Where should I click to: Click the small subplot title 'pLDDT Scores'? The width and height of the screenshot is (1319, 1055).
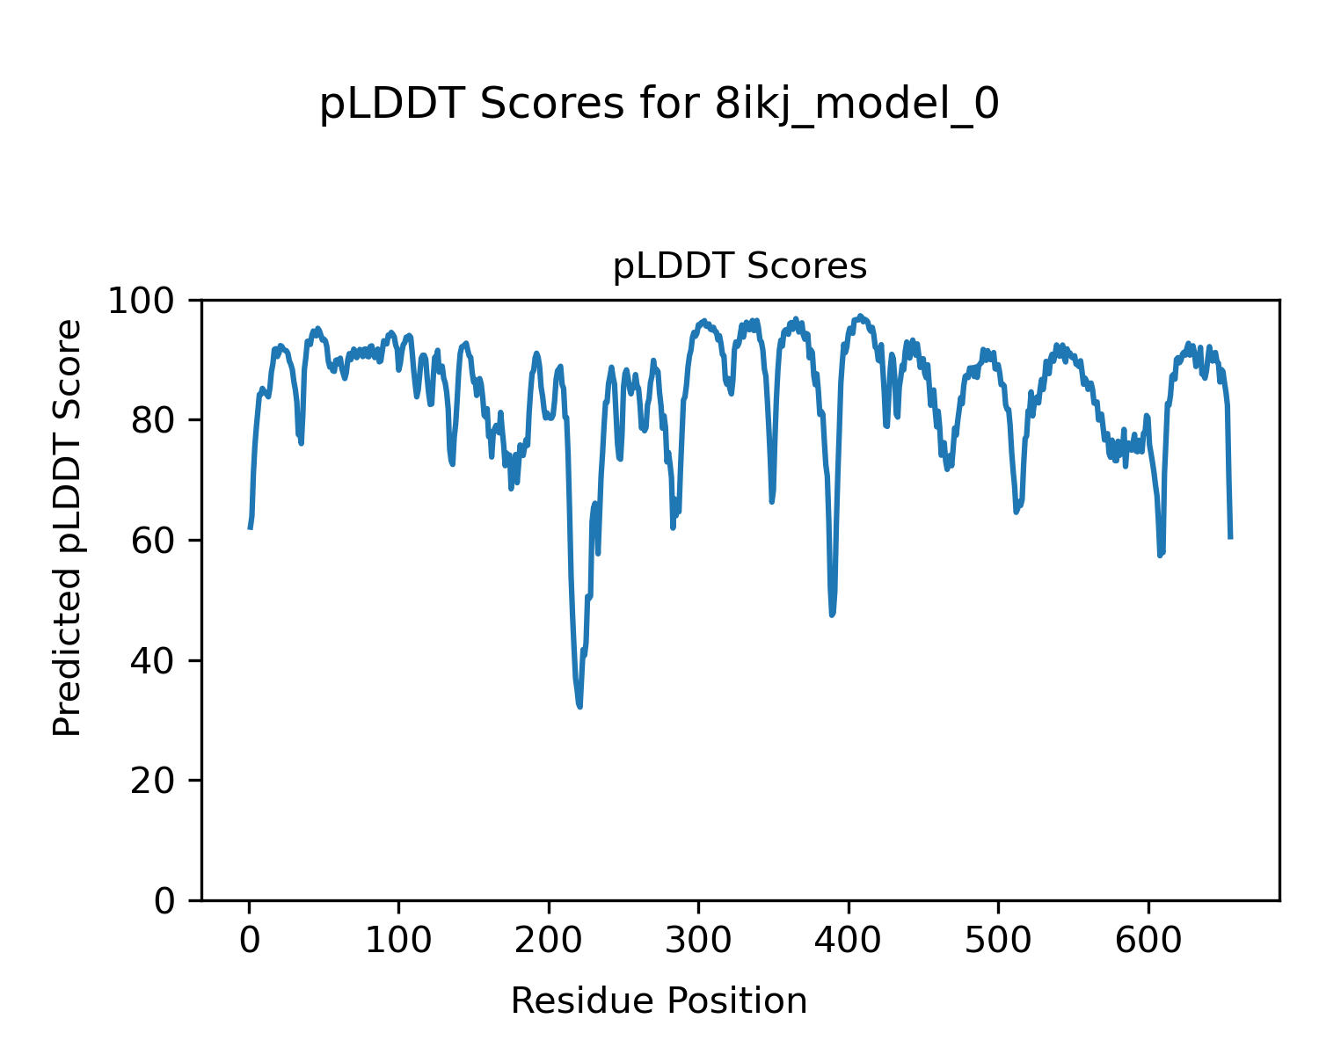(740, 266)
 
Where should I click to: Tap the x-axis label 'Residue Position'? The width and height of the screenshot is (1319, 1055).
(659, 1001)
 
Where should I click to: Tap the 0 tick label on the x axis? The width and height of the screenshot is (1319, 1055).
(250, 941)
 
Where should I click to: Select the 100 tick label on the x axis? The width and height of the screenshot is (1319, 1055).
(399, 941)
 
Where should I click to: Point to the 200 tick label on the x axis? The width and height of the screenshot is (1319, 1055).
(549, 941)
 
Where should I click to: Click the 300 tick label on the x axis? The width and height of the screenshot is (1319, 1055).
(699, 941)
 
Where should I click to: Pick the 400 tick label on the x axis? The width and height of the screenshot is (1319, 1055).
(849, 941)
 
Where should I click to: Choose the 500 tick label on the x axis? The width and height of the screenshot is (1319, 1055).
(999, 941)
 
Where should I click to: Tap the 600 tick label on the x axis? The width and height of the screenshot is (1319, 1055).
(1148, 941)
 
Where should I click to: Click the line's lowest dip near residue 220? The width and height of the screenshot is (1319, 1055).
(579, 706)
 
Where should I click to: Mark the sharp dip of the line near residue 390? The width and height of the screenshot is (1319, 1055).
(832, 615)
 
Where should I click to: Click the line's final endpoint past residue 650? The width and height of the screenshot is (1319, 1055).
(1230, 537)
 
